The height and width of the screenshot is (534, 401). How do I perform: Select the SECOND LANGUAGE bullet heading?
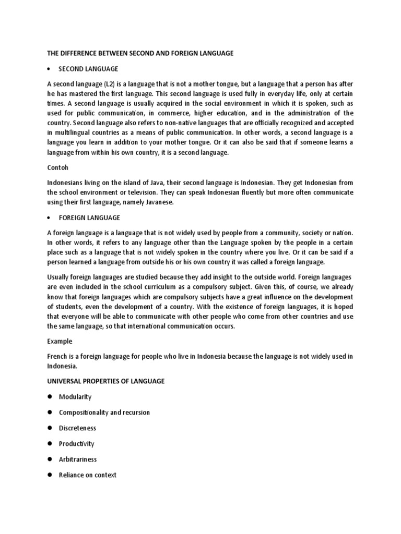[x=88, y=69]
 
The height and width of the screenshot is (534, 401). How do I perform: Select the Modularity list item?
[x=75, y=397]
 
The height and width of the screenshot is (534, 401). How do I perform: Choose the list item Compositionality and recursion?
[x=104, y=412]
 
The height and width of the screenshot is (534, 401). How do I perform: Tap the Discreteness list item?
[x=77, y=428]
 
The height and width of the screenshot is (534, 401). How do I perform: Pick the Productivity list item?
[x=77, y=444]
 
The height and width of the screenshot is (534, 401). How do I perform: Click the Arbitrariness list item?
[x=78, y=459]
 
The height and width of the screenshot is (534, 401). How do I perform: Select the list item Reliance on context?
[x=87, y=475]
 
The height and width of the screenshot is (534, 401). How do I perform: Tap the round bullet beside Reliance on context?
[x=50, y=475]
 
